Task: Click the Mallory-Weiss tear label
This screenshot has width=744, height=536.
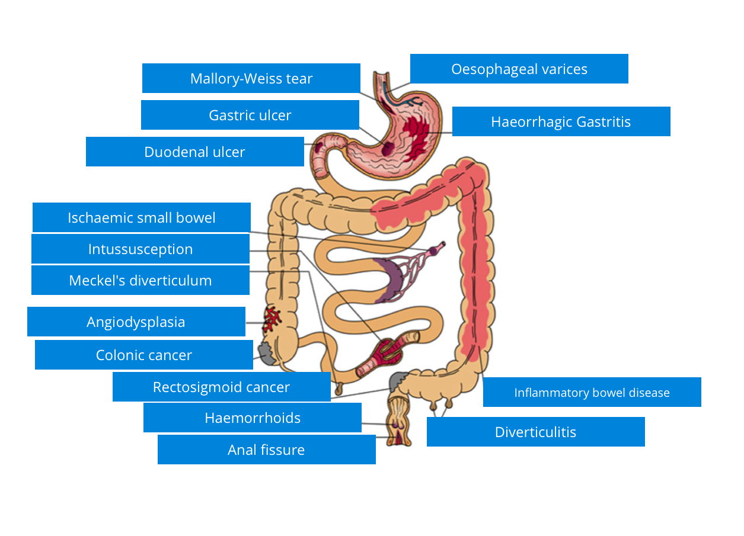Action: point(251,78)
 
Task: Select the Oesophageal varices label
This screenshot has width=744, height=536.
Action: point(519,69)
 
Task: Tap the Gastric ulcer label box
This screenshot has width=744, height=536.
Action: point(250,115)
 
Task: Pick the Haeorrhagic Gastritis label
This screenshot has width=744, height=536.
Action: point(561,121)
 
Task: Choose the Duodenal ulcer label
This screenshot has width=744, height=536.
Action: point(194,152)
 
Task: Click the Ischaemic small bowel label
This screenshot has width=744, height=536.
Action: point(141,217)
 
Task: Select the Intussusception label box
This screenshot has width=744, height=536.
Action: point(140,249)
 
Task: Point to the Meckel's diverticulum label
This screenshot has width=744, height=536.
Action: point(140,280)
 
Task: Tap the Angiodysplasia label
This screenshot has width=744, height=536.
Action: point(136,322)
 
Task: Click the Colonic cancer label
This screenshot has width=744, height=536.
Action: point(143,355)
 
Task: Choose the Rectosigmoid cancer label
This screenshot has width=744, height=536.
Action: point(221,387)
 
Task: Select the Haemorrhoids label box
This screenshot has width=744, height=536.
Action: point(252,418)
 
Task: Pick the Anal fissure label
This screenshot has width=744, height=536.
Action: point(266,450)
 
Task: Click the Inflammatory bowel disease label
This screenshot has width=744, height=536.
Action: point(592,392)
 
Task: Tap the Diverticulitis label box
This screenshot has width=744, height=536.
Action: point(535,432)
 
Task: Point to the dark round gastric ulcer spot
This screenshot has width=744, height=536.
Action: point(387,148)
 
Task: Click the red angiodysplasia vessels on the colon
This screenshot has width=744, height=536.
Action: point(273,319)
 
